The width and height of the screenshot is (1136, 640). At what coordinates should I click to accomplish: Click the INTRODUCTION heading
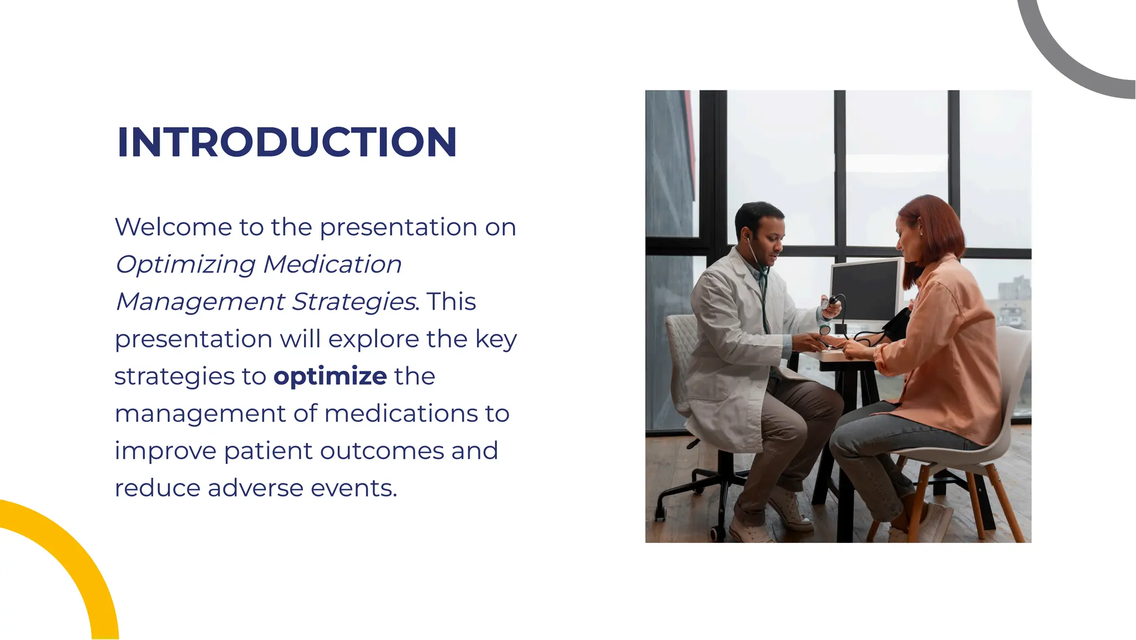click(x=287, y=142)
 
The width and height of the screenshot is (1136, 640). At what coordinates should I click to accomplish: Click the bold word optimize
click(x=330, y=376)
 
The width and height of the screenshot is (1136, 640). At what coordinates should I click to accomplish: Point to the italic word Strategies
click(x=353, y=302)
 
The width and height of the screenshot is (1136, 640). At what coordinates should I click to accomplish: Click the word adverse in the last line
click(x=255, y=488)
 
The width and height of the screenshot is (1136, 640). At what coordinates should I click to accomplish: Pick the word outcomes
click(x=382, y=451)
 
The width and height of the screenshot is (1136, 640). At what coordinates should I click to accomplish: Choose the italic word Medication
click(x=332, y=264)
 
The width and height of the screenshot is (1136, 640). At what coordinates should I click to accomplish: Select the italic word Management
click(x=200, y=302)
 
